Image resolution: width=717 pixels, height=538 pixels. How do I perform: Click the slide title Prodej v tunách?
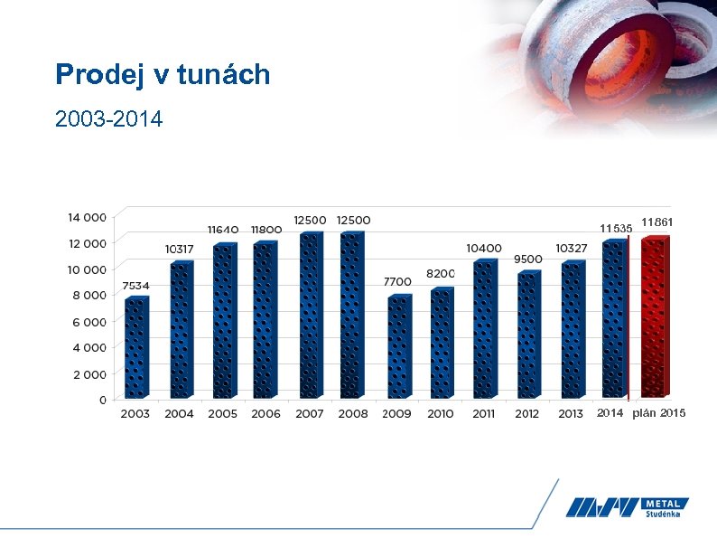163,74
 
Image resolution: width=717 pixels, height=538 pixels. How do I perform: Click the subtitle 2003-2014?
108,118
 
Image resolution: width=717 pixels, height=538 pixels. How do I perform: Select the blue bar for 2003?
135,348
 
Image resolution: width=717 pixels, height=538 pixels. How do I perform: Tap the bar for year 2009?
398,347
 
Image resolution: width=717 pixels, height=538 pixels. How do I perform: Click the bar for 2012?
528,335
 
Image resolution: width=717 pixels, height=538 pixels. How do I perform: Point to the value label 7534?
135,286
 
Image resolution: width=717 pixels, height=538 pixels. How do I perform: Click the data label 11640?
223,230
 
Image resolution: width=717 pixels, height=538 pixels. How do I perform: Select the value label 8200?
441,273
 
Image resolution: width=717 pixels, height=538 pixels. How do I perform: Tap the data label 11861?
658,222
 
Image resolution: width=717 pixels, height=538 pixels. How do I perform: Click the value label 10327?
572,248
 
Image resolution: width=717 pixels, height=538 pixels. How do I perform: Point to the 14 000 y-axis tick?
87,217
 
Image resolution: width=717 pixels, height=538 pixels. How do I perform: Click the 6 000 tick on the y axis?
90,321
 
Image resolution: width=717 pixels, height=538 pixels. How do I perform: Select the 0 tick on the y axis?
102,399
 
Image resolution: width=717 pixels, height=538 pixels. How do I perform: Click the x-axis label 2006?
265,414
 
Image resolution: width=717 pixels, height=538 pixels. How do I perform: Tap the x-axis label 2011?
484,414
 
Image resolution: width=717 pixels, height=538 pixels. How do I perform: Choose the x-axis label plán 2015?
659,413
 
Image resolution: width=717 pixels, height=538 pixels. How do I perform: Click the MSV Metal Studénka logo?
628,508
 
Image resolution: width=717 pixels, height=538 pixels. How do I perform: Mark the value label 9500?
527,260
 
